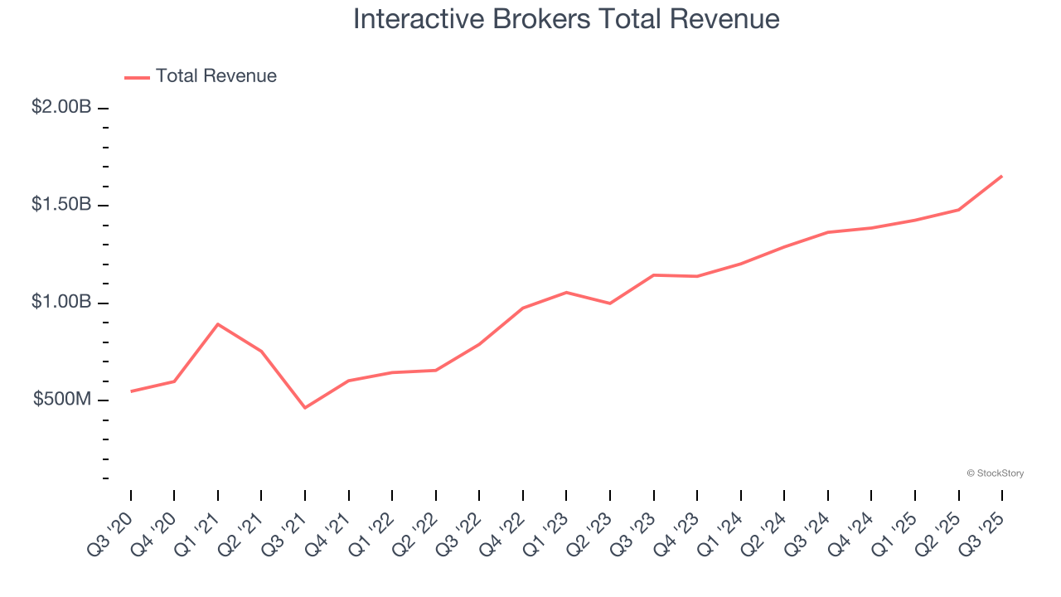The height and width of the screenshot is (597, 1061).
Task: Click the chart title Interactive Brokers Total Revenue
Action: pyautogui.click(x=566, y=19)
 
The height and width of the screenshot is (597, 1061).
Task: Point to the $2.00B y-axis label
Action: pyautogui.click(x=61, y=107)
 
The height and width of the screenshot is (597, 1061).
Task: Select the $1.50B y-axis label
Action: pyautogui.click(x=61, y=204)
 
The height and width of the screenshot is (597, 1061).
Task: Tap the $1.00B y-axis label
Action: pyautogui.click(x=61, y=302)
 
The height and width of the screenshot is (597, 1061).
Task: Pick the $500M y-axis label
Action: pyautogui.click(x=62, y=400)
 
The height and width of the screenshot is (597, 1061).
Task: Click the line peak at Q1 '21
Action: pyautogui.click(x=217, y=324)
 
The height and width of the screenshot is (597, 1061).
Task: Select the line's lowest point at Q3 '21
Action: pyautogui.click(x=305, y=408)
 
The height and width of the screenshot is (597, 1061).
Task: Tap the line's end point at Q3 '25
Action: pyautogui.click(x=1001, y=176)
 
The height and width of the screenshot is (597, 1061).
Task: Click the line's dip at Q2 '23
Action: pyautogui.click(x=610, y=303)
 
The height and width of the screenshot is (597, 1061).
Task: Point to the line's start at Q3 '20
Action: pyautogui.click(x=131, y=391)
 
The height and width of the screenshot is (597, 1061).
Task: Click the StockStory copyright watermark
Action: pyautogui.click(x=995, y=473)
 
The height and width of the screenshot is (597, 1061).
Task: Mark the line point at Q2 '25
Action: pyautogui.click(x=958, y=210)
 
